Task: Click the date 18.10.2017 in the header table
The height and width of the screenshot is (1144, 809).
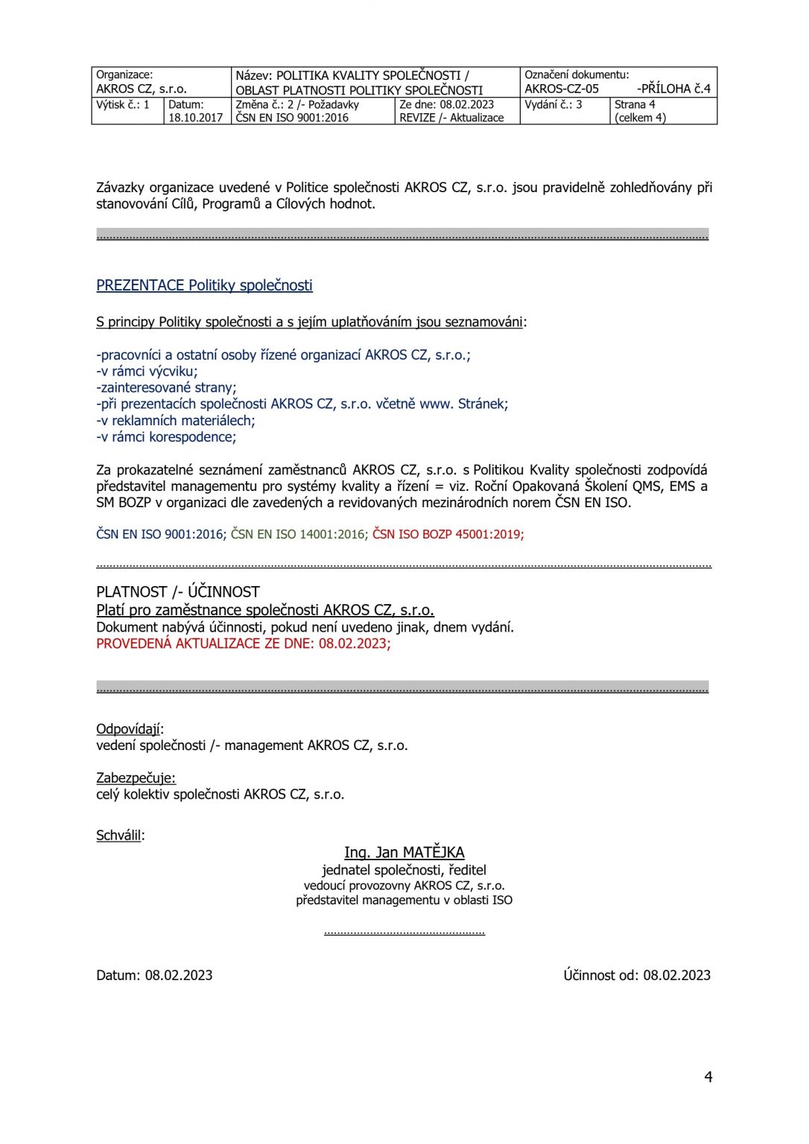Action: click(195, 118)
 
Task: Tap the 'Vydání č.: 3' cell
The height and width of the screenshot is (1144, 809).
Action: click(553, 105)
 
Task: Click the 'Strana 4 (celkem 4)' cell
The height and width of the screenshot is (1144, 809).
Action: click(640, 111)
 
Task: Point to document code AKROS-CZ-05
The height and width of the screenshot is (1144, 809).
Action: click(562, 89)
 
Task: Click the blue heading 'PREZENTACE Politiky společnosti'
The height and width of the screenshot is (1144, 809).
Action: click(204, 285)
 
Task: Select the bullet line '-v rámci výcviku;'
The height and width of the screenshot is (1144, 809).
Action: click(147, 371)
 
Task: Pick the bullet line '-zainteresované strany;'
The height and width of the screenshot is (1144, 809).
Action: click(166, 387)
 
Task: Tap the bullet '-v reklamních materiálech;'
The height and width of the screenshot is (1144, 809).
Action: click(176, 420)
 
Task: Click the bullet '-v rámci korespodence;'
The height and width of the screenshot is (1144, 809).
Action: click(166, 436)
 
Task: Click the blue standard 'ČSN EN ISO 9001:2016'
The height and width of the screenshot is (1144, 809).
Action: click(160, 534)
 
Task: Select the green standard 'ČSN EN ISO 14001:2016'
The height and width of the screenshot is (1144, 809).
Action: click(298, 534)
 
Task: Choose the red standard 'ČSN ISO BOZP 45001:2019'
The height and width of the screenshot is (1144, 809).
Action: click(447, 534)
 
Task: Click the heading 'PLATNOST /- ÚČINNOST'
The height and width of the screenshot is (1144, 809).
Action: click(178, 592)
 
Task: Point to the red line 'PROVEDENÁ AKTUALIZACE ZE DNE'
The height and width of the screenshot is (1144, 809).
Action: click(243, 643)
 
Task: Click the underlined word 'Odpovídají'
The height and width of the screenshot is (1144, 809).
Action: click(128, 728)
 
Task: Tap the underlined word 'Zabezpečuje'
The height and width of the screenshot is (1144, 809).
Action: click(135, 778)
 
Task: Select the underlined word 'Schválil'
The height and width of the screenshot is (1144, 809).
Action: click(118, 835)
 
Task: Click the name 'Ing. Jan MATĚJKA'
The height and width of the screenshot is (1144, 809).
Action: click(404, 852)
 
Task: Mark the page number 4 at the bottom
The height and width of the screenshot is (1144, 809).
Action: click(708, 1077)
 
